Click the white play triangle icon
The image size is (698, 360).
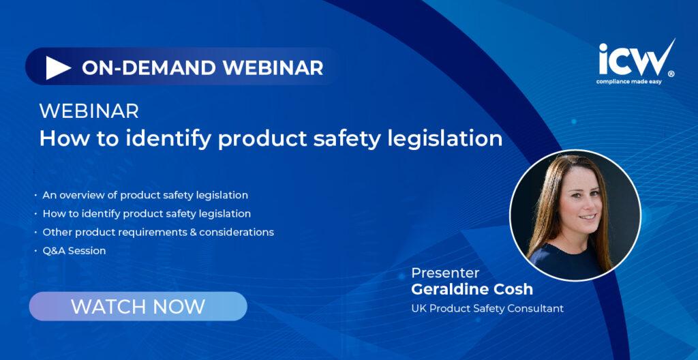[57, 68]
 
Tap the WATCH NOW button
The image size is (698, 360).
[138, 306]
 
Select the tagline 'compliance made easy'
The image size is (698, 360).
[629, 82]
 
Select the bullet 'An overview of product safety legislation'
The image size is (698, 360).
[145, 195]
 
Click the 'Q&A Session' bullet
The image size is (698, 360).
[74, 251]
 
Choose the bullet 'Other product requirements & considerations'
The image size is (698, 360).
[158, 232]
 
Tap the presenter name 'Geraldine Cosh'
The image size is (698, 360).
[472, 289]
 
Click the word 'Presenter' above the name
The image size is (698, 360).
[445, 273]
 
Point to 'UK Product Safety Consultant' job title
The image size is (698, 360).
[487, 308]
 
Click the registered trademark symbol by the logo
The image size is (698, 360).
[671, 74]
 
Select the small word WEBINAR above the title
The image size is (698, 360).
[89, 111]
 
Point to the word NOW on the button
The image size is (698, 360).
[179, 307]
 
